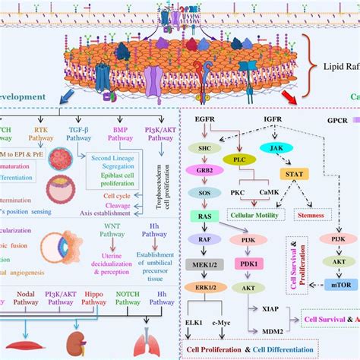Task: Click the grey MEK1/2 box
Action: (204, 265)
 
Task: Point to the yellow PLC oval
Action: (237, 159)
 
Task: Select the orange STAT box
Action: (292, 175)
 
